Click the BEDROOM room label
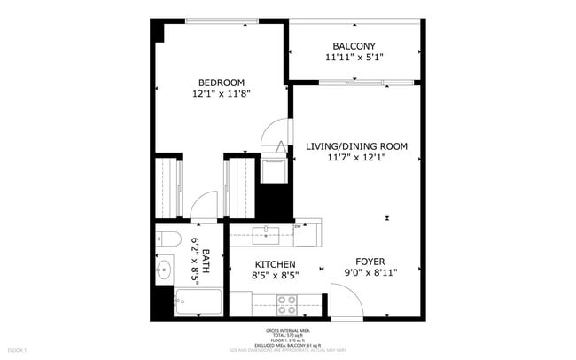click(x=220, y=82)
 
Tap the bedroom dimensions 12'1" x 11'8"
click(x=220, y=93)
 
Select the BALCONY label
click(x=354, y=46)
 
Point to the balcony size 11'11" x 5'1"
click(x=354, y=57)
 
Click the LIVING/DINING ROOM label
click(x=356, y=146)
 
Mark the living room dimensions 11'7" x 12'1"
click(x=356, y=158)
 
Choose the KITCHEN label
click(x=276, y=264)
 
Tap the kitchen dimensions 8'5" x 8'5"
click(x=276, y=275)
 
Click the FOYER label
click(x=370, y=262)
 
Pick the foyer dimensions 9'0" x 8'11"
click(x=370, y=273)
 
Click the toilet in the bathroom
click(x=168, y=239)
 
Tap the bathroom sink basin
click(x=165, y=270)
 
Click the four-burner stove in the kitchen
click(x=287, y=304)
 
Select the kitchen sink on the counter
click(x=266, y=235)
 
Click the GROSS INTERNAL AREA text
click(x=287, y=328)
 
